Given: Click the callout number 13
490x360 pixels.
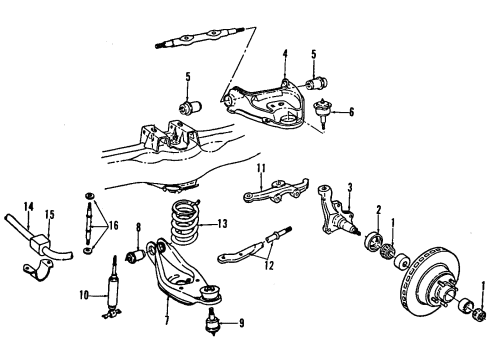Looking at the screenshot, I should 223,252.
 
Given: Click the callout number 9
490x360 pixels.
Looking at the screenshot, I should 237,323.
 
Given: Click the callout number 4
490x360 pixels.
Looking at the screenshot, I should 284,54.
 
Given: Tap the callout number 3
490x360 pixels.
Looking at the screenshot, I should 350,186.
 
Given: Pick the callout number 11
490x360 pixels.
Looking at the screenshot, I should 259,167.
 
